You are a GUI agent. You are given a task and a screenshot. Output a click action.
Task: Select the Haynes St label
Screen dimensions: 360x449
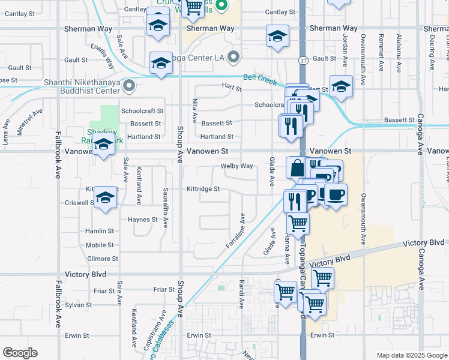point(142,220)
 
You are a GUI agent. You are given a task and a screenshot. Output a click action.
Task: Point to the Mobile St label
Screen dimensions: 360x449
point(100,245)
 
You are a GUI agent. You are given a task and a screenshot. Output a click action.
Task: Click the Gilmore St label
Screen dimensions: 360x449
point(102,259)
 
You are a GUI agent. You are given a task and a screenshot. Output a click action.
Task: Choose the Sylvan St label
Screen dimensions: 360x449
point(77,305)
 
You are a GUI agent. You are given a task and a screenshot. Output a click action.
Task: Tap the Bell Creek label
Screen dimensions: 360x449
point(259,78)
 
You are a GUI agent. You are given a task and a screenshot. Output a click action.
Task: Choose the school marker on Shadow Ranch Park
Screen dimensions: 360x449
point(103,145)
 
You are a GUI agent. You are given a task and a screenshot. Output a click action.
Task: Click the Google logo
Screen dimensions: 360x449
point(20,353)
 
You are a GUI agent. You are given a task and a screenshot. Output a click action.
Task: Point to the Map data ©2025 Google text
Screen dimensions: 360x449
point(411,355)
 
